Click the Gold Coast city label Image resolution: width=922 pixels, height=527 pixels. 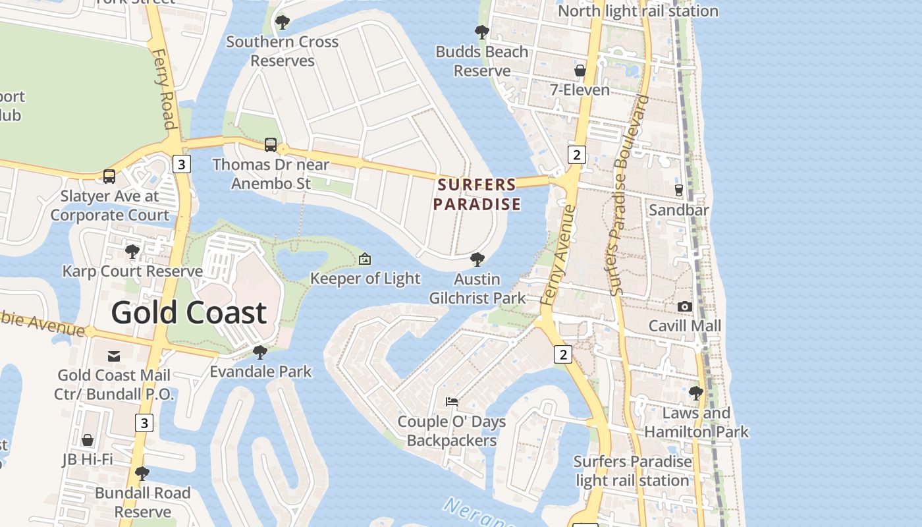(x=188, y=312)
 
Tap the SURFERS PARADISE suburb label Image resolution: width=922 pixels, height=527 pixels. (x=477, y=194)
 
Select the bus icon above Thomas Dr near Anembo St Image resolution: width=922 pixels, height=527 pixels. (x=271, y=145)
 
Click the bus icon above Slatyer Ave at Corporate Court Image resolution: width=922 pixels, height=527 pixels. (x=109, y=177)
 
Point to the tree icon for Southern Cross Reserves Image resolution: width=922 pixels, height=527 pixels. (x=283, y=22)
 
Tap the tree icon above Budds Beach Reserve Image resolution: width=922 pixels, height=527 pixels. (x=482, y=32)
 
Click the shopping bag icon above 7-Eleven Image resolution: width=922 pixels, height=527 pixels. (x=580, y=70)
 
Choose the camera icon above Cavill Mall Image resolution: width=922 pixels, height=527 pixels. (x=685, y=306)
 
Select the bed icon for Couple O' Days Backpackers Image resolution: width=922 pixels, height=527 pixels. (x=452, y=401)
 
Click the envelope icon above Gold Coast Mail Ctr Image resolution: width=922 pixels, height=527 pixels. (x=114, y=356)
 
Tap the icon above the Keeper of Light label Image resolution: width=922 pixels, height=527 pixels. (x=365, y=259)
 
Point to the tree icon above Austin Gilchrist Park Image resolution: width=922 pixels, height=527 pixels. (x=477, y=260)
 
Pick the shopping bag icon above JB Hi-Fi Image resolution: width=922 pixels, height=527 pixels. (x=88, y=440)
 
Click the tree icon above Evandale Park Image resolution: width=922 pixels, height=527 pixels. (x=260, y=352)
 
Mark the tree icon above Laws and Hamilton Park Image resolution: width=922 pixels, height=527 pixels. (x=696, y=393)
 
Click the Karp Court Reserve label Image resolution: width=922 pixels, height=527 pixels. (x=132, y=271)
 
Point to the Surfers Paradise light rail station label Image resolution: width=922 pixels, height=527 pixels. (x=632, y=471)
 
